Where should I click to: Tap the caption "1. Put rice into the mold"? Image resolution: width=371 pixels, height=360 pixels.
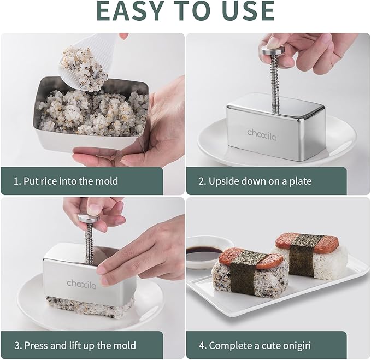[66, 181]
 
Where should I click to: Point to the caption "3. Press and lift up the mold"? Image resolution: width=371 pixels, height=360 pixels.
[74, 345]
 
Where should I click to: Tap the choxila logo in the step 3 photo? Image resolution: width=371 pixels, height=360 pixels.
[82, 282]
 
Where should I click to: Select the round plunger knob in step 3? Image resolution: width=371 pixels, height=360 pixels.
[89, 217]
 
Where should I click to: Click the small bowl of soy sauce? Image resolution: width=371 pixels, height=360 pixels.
[204, 252]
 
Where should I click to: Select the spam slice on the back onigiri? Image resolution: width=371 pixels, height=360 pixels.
[301, 241]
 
